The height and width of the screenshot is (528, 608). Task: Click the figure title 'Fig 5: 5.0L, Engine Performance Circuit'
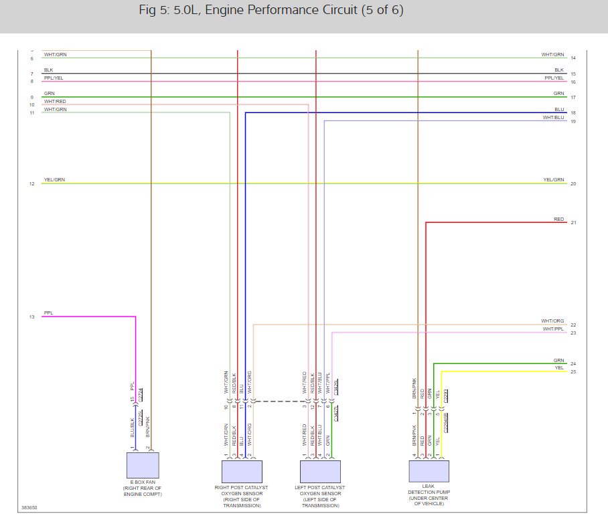tap(271, 11)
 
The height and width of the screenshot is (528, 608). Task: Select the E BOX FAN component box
tap(143, 465)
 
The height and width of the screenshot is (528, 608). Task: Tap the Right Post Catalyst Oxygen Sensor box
tap(242, 472)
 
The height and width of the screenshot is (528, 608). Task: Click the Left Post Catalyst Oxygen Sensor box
tap(321, 472)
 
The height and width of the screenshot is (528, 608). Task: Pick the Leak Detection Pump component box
tap(429, 472)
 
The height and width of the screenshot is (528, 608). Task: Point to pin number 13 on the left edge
tap(31, 317)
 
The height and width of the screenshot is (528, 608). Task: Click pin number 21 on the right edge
tap(573, 222)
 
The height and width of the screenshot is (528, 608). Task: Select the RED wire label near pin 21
tap(558, 219)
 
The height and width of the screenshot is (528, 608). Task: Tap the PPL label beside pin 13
tap(48, 313)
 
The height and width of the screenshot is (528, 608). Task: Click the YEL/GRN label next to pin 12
tap(54, 180)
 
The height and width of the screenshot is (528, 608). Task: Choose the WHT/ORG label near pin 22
tap(552, 321)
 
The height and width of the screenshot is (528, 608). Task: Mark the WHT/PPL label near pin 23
tap(553, 329)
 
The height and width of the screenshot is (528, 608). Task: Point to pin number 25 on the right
tap(573, 371)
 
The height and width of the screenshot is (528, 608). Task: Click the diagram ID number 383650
tap(29, 508)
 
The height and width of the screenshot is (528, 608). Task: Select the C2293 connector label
tap(446, 395)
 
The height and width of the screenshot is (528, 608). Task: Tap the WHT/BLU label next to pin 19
tap(553, 117)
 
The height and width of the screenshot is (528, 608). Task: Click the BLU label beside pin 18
tap(559, 109)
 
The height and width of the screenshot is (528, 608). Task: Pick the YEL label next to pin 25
tap(559, 367)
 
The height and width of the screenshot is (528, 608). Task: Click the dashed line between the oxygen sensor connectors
tap(277, 402)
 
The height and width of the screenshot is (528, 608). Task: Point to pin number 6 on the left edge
tap(31, 59)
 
